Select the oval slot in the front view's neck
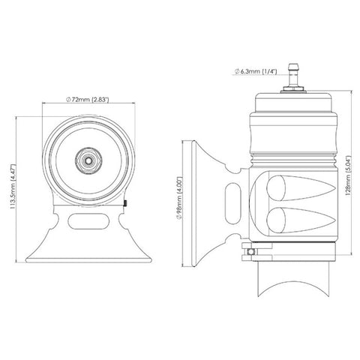89,219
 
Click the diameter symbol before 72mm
68,99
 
